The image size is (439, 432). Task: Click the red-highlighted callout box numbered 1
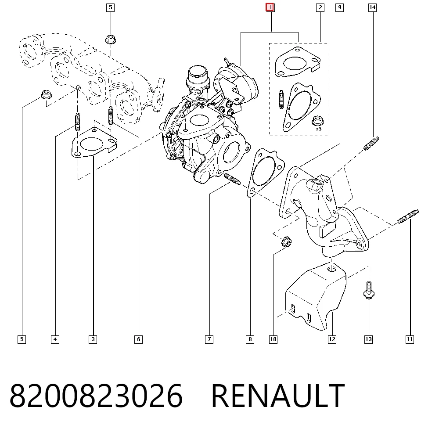pos(270,7)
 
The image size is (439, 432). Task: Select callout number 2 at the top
pos(320,7)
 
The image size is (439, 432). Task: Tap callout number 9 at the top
pos(339,7)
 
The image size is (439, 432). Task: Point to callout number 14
pos(372,7)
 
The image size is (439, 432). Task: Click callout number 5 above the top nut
pos(111,7)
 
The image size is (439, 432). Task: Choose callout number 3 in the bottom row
pos(93,339)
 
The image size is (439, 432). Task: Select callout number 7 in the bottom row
pos(209,339)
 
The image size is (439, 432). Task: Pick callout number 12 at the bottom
pos(332,339)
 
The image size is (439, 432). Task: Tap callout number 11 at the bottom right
pos(410,339)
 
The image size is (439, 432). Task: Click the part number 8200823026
pos(96,396)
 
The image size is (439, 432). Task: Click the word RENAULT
pos(278,396)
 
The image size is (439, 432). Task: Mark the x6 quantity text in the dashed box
pos(318,129)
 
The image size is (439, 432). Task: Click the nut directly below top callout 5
pos(111,40)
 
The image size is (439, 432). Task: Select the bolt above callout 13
pos(369,290)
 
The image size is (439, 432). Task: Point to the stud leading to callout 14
pos(371,144)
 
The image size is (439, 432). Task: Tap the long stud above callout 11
pos(408,217)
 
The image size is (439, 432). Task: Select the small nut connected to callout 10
pos(286,241)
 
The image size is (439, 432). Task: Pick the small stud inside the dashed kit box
pos(281,99)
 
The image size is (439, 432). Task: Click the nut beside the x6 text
pos(317,121)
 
